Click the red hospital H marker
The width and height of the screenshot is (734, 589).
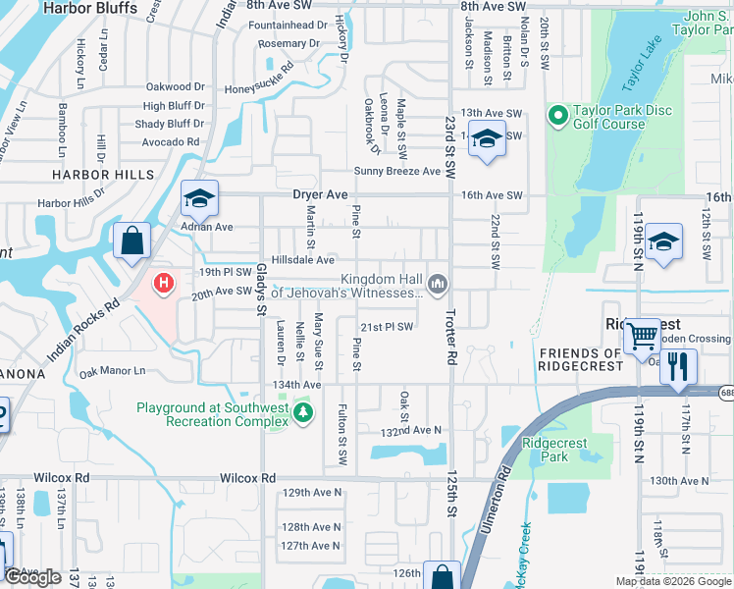coord(164,284)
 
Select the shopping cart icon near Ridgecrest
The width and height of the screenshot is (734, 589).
coord(643,336)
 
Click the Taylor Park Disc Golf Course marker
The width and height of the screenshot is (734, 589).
coord(558,117)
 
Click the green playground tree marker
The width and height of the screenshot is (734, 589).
coord(304,413)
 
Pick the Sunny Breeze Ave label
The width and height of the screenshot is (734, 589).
coord(397,171)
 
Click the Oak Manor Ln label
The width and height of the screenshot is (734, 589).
coord(112,372)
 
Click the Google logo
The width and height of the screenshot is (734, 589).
coord(33,576)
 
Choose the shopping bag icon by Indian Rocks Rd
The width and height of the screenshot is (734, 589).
coord(131,241)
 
